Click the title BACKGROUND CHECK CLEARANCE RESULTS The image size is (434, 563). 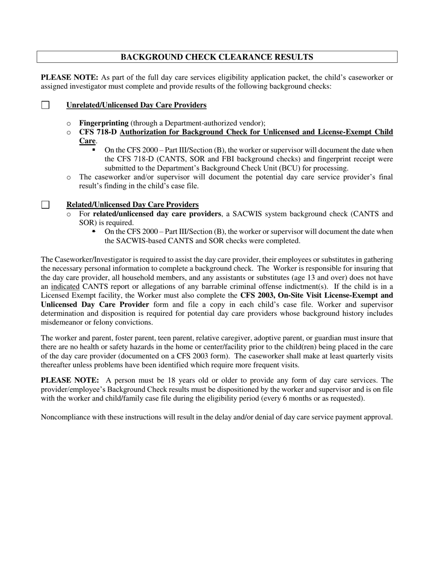coord(217,57)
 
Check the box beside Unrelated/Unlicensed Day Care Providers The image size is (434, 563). coord(45,105)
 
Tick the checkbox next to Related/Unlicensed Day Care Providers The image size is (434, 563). coord(45,205)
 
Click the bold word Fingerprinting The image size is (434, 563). coord(104,123)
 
